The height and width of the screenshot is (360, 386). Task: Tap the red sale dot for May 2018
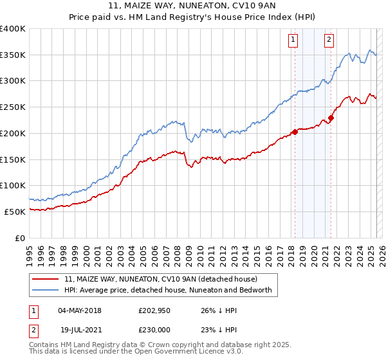click(295, 132)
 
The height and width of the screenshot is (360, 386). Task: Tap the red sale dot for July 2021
click(331, 118)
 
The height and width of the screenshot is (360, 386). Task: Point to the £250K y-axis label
click(13, 107)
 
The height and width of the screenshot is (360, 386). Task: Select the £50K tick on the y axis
click(15, 212)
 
